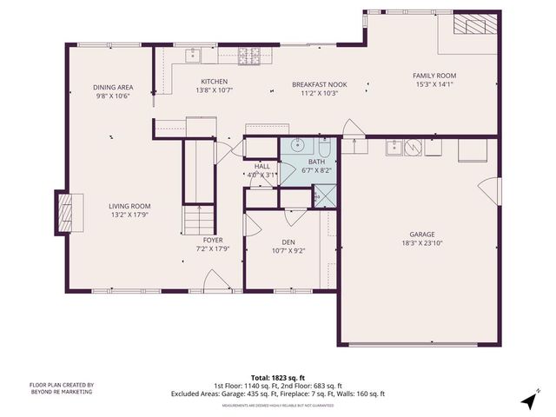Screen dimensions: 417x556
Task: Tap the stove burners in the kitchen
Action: click(250, 56)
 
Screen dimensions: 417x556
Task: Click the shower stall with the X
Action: click(317, 198)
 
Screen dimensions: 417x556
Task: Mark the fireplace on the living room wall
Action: click(67, 211)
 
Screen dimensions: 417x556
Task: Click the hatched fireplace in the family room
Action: click(474, 24)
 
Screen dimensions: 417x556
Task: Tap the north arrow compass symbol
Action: click(527, 400)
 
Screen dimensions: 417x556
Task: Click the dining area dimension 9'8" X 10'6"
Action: click(113, 96)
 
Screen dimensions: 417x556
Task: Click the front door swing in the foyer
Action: click(213, 280)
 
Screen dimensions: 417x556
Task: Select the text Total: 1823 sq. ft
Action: click(277, 378)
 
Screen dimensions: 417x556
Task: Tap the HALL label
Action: click(262, 166)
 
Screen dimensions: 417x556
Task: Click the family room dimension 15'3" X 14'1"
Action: click(434, 85)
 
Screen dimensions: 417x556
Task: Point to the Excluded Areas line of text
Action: click(277, 394)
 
